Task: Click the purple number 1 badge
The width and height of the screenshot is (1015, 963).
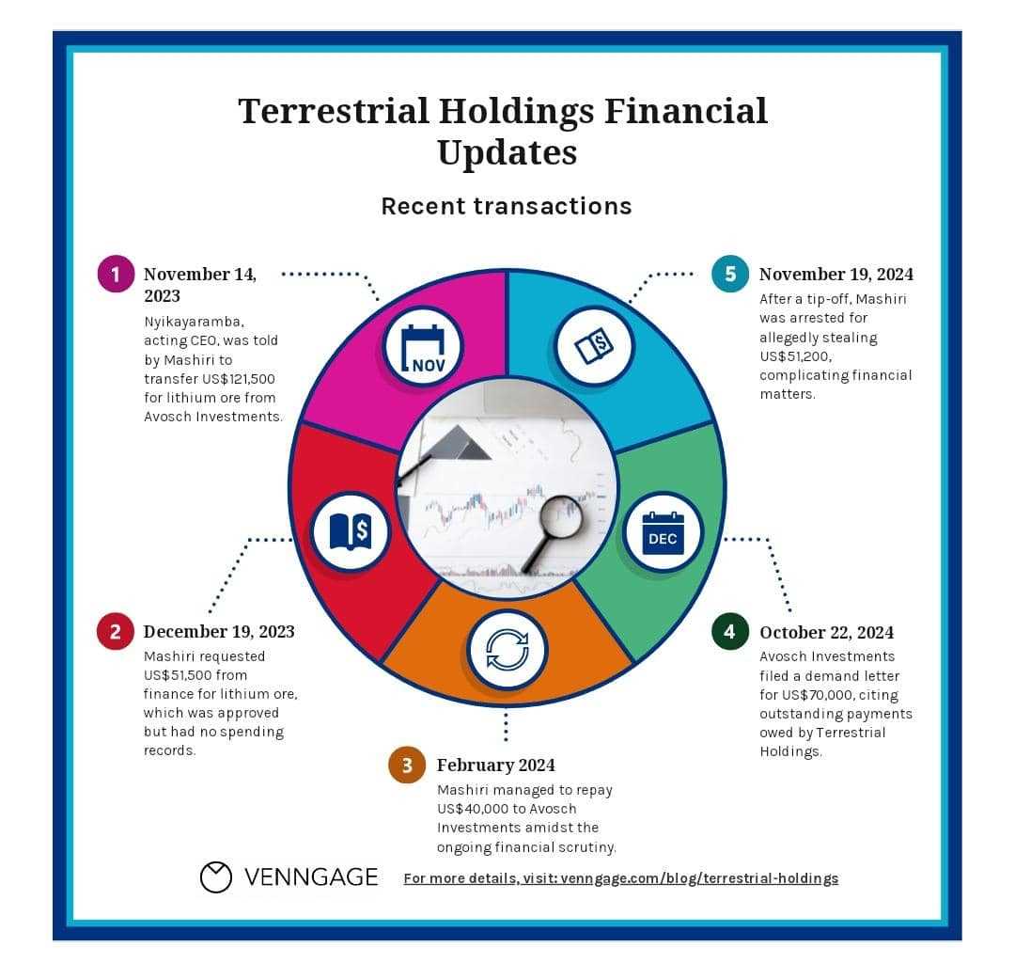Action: pos(116,274)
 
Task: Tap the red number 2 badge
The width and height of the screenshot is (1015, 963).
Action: pos(116,631)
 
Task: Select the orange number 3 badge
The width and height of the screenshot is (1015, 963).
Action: pos(407,765)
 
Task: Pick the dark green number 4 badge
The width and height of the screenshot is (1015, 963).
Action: pos(729,631)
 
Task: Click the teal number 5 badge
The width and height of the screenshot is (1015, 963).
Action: pos(730,274)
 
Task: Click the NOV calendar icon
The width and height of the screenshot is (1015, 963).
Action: pos(423,348)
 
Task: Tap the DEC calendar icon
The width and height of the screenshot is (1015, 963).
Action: pos(663,533)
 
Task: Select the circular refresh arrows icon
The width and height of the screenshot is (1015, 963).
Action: pos(507,650)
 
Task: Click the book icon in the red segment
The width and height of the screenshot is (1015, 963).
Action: pos(351,531)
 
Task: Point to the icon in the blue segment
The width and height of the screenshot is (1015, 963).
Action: pos(594,346)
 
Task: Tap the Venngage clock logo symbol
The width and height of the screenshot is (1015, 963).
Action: pos(215,877)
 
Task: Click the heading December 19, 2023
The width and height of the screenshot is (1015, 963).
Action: pos(219,631)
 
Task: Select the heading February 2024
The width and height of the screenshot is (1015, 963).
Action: pos(496,765)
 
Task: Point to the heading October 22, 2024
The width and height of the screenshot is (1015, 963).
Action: pos(827,632)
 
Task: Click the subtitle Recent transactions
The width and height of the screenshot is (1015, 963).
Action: pos(507,206)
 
